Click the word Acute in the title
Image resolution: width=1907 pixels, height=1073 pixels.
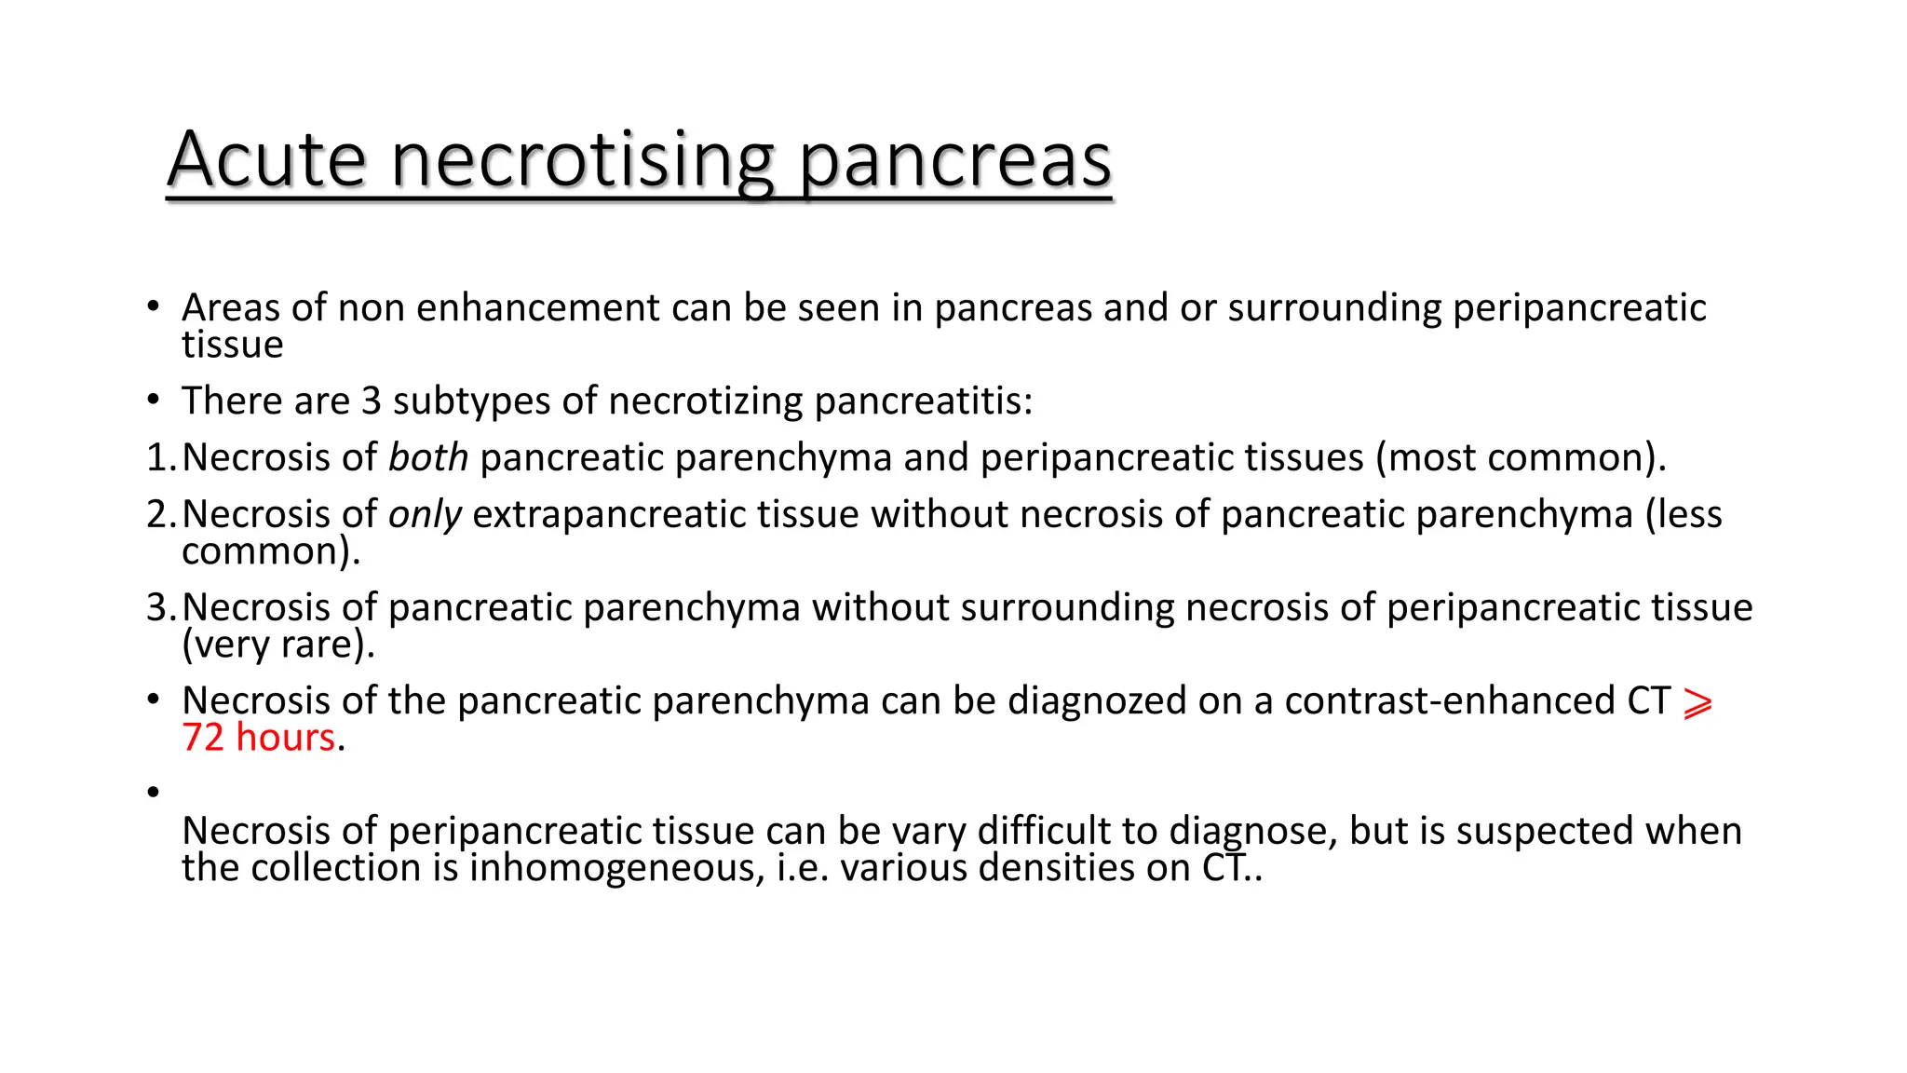[x=266, y=160]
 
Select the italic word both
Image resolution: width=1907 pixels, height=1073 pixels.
[x=428, y=457]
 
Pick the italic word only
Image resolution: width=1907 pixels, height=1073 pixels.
[x=425, y=515]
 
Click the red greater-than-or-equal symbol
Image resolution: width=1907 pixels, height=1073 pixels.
[x=1697, y=704]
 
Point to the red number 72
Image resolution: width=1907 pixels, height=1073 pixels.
[x=203, y=738]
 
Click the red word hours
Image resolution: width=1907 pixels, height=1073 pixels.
[x=285, y=738]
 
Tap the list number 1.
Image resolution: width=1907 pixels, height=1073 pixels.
[x=157, y=458]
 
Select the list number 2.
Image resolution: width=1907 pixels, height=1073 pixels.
[x=157, y=515]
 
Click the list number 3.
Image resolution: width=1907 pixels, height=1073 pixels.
[x=157, y=608]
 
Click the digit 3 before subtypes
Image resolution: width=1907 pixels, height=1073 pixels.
[x=372, y=401]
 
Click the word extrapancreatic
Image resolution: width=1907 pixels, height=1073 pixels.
[x=666, y=515]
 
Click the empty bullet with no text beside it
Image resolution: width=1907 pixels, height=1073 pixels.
[x=154, y=792]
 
